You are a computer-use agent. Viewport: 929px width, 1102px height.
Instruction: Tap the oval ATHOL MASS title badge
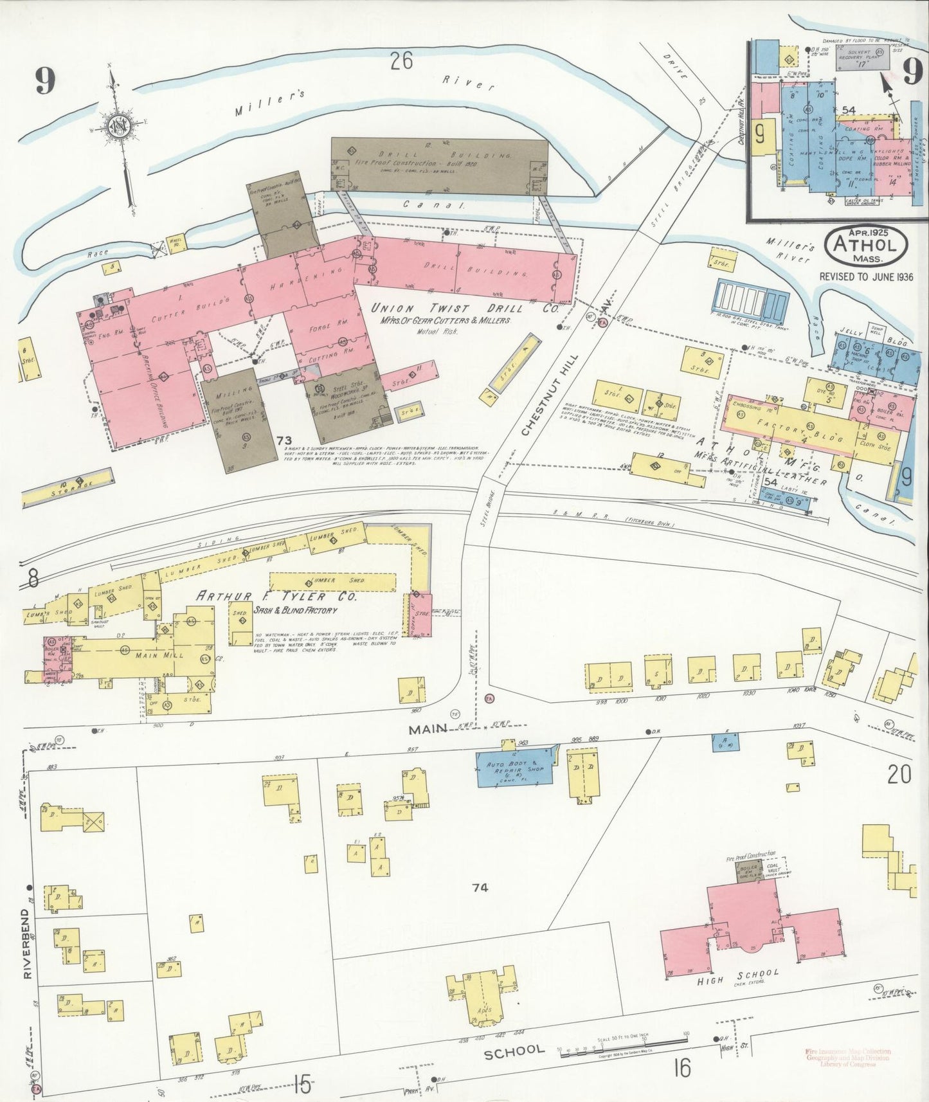coord(866,245)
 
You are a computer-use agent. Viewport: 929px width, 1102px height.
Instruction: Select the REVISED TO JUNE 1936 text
coord(865,276)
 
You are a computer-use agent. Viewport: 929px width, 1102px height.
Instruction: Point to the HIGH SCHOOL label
coord(737,977)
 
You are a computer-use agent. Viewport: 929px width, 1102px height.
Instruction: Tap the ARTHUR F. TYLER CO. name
coord(276,596)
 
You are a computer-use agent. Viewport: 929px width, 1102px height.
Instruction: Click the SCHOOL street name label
coord(514,1051)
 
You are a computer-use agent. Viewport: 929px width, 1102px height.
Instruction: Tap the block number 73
coord(284,440)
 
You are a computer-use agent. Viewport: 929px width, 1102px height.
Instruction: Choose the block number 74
coord(480,888)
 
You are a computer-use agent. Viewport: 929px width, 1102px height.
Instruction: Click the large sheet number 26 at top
coord(402,61)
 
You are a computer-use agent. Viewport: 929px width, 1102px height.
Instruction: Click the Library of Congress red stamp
coord(847,1057)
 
